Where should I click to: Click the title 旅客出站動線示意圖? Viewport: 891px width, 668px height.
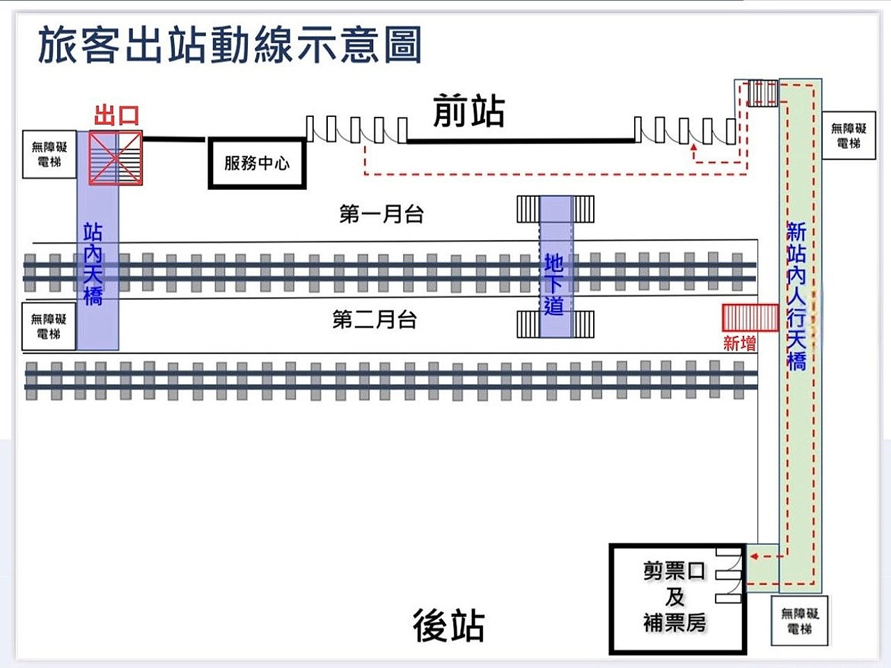coord(230,45)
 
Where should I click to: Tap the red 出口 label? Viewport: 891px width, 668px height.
coord(116,116)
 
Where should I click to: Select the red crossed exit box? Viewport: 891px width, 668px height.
coord(116,159)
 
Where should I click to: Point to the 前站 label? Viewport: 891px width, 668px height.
coord(468,111)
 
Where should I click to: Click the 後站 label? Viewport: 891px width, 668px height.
coord(449,624)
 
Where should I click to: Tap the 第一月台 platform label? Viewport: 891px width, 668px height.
coord(381,214)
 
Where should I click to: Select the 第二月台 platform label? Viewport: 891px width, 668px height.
coord(374,319)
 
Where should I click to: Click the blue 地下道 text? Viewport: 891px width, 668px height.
coord(554,284)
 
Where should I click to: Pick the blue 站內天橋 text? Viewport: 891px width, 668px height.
coord(93,264)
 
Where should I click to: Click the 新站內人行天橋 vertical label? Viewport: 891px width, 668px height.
coord(796,296)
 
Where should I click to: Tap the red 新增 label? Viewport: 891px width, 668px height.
coord(739,343)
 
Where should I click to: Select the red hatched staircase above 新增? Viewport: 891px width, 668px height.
coord(750,317)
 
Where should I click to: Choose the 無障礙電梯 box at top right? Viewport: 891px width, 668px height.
coord(849,136)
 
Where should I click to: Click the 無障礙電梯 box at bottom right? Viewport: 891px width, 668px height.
coord(800,621)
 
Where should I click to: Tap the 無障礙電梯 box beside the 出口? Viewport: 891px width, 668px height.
coord(49,154)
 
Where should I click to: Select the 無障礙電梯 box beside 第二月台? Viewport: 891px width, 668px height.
coord(49,326)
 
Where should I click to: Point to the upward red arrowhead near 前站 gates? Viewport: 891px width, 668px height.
coord(693,149)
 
